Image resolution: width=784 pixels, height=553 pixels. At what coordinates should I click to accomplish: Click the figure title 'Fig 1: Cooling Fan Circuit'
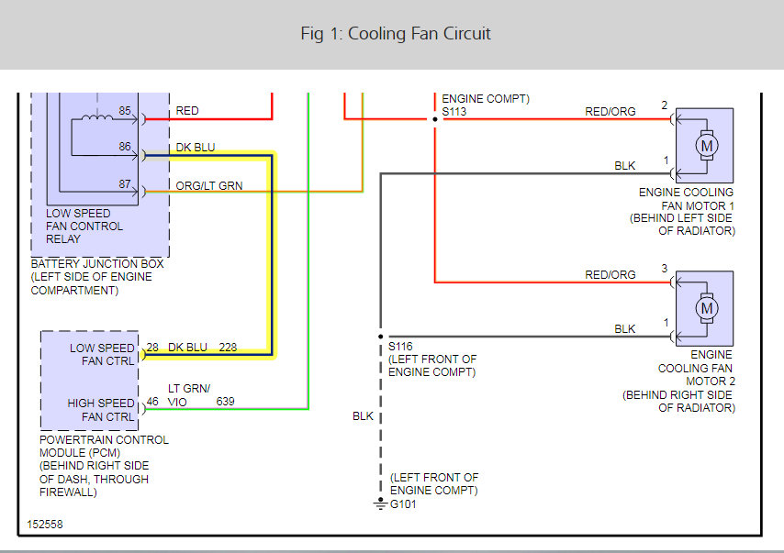396,33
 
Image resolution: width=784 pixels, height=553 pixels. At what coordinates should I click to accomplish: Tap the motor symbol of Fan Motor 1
707,146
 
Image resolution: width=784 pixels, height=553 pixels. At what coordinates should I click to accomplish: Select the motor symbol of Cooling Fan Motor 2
707,308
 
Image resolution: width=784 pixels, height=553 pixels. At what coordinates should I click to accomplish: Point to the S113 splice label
454,112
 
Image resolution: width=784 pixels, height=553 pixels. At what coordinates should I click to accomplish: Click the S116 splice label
400,346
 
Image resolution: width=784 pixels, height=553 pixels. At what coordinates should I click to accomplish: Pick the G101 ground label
403,504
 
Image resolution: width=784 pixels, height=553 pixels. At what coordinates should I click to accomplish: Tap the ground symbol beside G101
380,503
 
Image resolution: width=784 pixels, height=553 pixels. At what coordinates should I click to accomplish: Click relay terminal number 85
125,110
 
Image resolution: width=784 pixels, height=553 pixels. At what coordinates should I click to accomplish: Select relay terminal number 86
125,147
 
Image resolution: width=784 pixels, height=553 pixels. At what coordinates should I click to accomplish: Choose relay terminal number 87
125,183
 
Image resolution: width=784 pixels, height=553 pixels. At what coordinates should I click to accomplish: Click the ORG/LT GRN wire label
209,186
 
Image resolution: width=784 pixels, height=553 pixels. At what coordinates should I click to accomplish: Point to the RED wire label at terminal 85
187,111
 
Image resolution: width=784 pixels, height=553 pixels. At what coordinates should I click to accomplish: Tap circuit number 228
228,348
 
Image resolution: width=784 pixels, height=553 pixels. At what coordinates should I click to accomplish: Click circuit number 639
226,401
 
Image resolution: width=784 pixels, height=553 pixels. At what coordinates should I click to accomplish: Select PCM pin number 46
152,401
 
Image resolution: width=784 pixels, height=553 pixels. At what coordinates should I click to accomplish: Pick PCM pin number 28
152,348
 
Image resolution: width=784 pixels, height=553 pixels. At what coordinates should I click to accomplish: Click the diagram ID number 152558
45,524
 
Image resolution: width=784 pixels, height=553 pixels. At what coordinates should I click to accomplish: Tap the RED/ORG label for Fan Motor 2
610,275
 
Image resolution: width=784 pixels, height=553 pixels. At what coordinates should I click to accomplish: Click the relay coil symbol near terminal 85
97,117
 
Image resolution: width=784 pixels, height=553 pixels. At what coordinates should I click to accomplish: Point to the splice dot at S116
380,337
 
